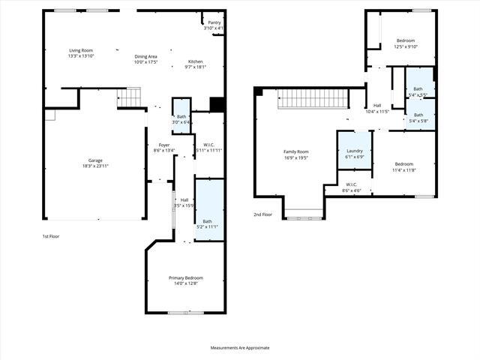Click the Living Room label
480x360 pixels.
(79, 50)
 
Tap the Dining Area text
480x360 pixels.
(145, 56)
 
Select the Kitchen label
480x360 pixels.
(195, 62)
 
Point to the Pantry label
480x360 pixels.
(214, 23)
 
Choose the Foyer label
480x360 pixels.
(163, 145)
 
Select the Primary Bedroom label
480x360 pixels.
(185, 277)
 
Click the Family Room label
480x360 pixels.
(295, 151)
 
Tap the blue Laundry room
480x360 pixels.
(354, 150)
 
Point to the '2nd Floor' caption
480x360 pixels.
(262, 214)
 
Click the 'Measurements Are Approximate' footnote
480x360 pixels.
(239, 347)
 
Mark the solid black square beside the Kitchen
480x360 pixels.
(217, 104)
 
